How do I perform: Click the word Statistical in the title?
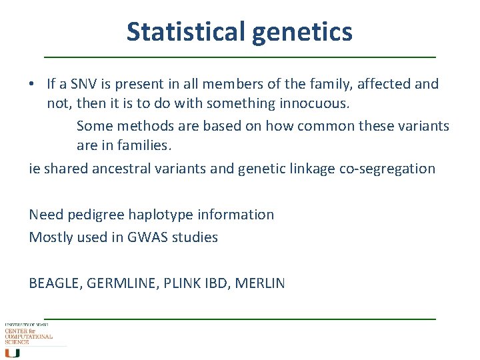pyautogui.click(x=187, y=31)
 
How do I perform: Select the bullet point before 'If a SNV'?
pyautogui.click(x=32, y=84)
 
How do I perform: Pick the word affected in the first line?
pyautogui.click(x=385, y=84)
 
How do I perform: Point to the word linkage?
pyautogui.click(x=311, y=169)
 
